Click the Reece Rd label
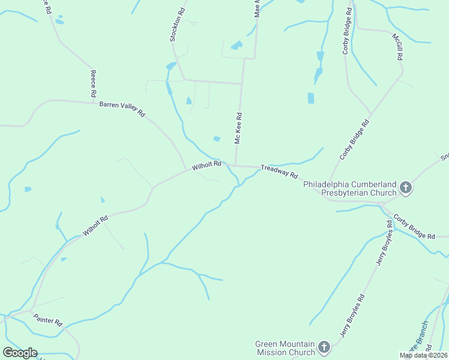tap(93, 84)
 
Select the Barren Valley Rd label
tap(122, 108)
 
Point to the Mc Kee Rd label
tap(238, 128)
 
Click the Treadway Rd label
tap(279, 172)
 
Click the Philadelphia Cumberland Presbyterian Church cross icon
tap(406, 188)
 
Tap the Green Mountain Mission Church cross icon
tap(324, 347)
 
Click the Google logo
tap(20, 353)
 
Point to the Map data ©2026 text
tap(423, 355)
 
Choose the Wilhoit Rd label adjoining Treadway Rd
tap(207, 165)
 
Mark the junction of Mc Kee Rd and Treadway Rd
tap(234, 165)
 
